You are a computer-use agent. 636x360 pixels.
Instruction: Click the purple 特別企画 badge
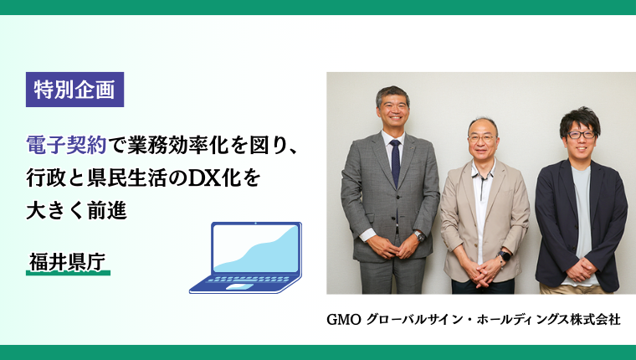(x=74, y=88)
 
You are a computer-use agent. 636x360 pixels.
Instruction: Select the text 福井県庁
(x=66, y=260)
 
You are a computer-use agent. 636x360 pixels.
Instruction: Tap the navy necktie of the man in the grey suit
(x=395, y=162)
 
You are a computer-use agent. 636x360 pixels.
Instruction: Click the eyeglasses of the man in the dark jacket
(x=580, y=134)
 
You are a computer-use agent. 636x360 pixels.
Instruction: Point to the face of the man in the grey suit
(x=392, y=112)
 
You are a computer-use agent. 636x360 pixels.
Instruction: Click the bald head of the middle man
(x=483, y=126)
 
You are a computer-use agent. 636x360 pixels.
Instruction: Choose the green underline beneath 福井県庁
(x=68, y=273)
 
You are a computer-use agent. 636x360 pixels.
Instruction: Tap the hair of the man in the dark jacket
(x=580, y=117)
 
